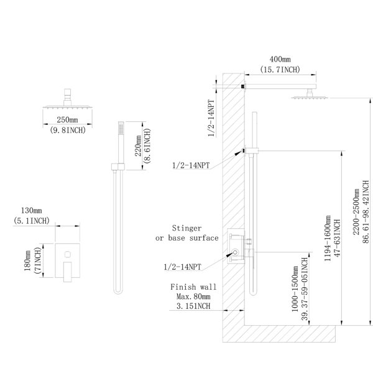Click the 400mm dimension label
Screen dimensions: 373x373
[x=280, y=59]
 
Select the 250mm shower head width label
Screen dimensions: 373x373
[x=67, y=119]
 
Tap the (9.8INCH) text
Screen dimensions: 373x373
[x=68, y=130]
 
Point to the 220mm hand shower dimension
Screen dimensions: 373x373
[x=138, y=145]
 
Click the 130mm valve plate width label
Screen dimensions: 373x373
[x=32, y=211]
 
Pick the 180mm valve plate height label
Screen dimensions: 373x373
[x=27, y=260]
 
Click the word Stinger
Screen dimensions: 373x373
[x=186, y=228]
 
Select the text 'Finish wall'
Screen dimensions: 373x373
[x=193, y=287]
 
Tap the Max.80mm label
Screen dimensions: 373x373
[x=193, y=297]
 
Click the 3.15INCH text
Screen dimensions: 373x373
[x=193, y=306]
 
